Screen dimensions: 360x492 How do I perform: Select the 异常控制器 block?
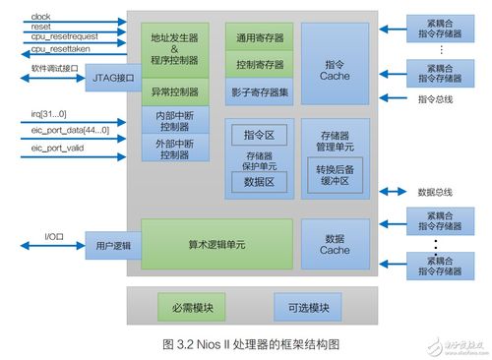point(173,94)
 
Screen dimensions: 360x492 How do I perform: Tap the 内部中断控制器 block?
point(173,119)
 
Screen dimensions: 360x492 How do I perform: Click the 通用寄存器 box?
point(260,38)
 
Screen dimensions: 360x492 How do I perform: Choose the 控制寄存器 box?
point(260,65)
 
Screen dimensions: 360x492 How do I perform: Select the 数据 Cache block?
point(335,244)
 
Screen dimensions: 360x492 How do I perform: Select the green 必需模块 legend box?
point(189,307)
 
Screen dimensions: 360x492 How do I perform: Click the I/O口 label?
point(54,236)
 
